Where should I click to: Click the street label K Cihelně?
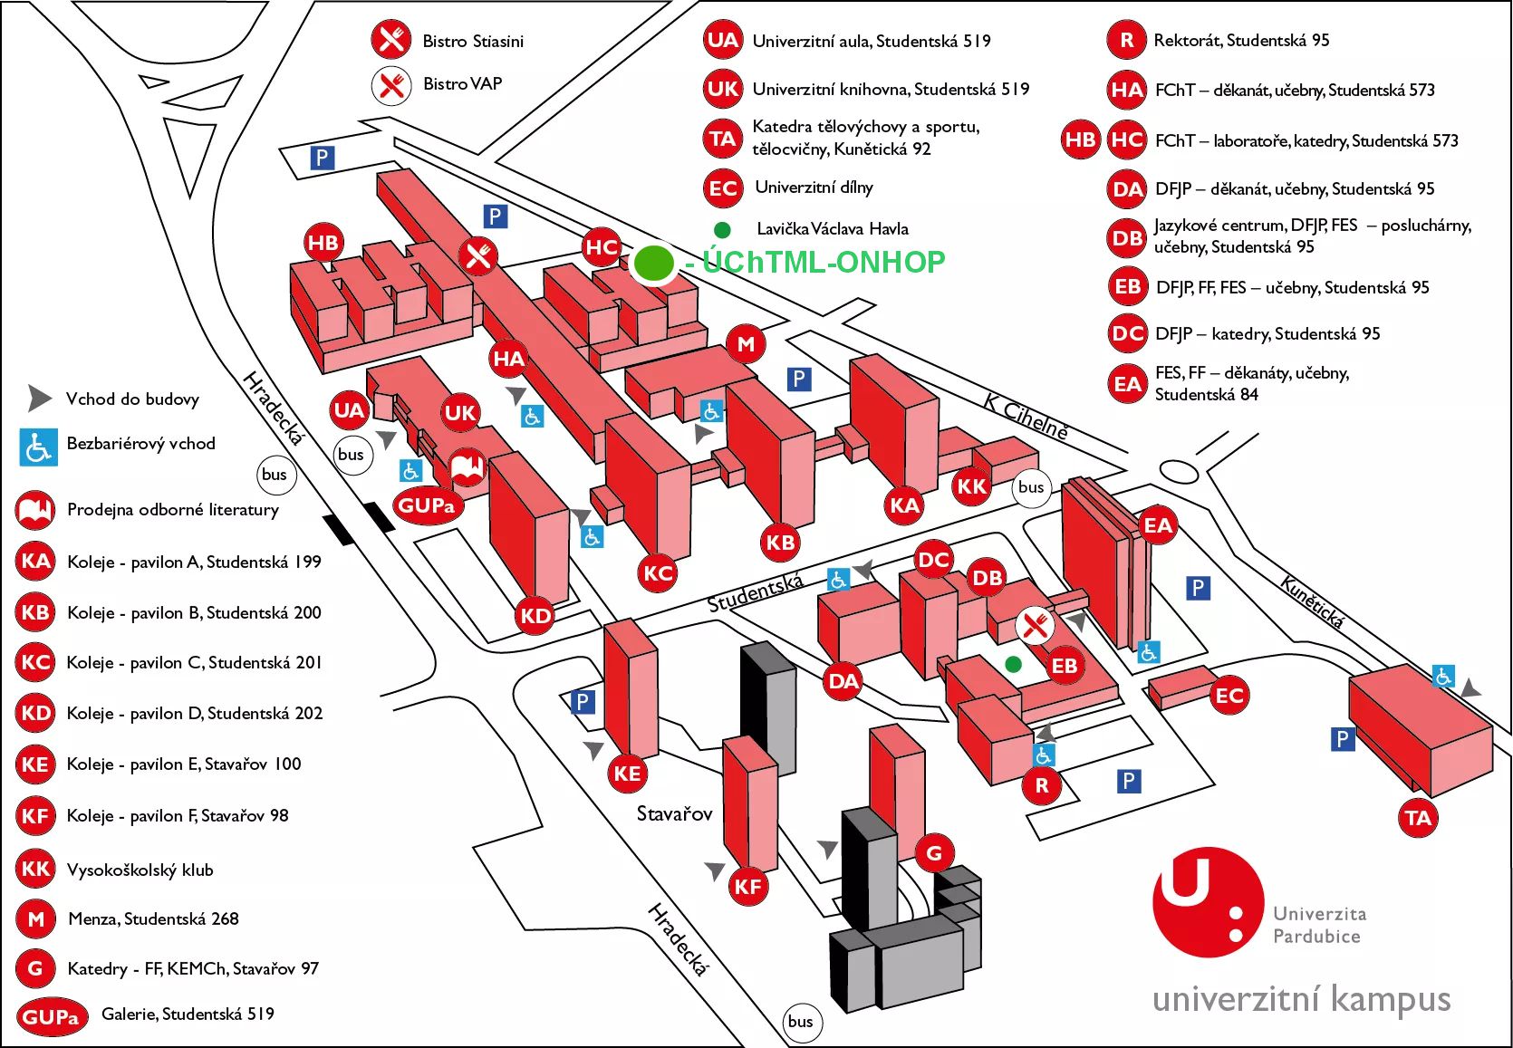click(x=1026, y=417)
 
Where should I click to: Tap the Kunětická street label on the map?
click(x=1311, y=601)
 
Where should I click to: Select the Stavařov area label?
click(x=674, y=813)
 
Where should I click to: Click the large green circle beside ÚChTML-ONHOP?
click(x=653, y=262)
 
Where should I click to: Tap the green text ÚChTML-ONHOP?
click(x=823, y=262)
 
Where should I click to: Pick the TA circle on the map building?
click(x=1418, y=819)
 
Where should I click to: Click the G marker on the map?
click(x=934, y=852)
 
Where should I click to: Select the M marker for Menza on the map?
click(x=746, y=344)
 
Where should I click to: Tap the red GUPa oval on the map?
click(x=427, y=505)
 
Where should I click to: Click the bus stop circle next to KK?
click(x=1031, y=486)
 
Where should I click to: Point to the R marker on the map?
click(x=1042, y=785)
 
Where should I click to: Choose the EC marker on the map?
click(x=1229, y=696)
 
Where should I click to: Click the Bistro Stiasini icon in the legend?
click(x=391, y=40)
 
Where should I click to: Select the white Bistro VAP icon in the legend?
click(x=391, y=84)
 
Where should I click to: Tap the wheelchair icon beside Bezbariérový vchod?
click(x=38, y=447)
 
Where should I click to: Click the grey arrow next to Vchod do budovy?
click(x=39, y=398)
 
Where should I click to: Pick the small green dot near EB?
click(x=1014, y=664)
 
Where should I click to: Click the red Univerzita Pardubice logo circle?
click(x=1207, y=901)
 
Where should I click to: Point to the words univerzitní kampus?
click(x=1301, y=1000)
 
